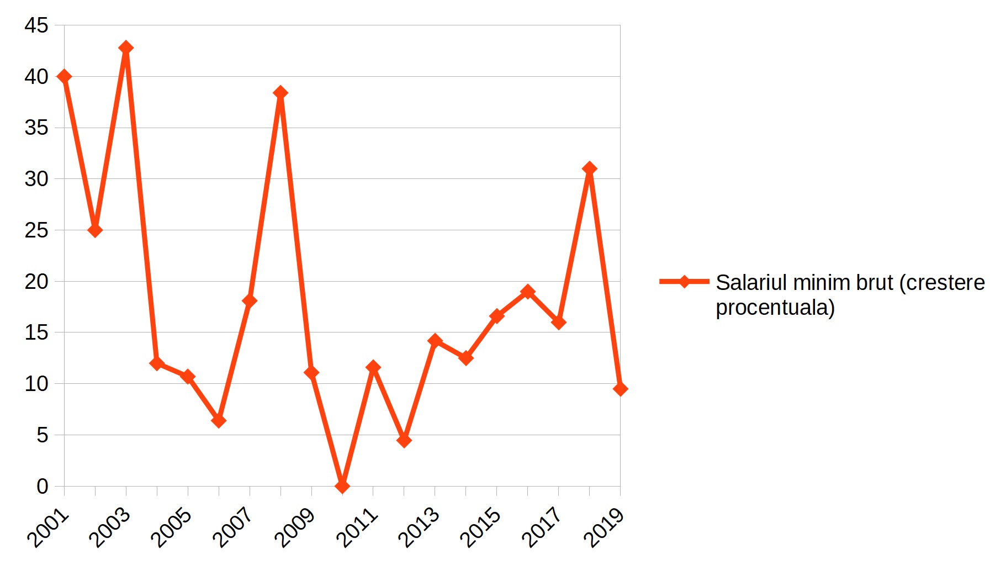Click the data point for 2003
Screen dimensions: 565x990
click(x=126, y=47)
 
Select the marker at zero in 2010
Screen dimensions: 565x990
click(x=342, y=486)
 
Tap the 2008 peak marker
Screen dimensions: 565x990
click(x=280, y=92)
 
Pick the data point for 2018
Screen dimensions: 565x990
click(x=589, y=168)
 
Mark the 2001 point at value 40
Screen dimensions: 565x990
click(x=64, y=76)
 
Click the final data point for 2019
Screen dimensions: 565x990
click(x=620, y=389)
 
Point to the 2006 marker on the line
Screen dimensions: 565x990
click(x=219, y=421)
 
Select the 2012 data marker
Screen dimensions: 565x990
click(x=404, y=440)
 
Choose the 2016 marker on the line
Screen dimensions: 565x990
click(x=527, y=291)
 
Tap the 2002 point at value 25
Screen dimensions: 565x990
click(x=95, y=230)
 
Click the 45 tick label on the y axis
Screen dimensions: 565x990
click(x=36, y=25)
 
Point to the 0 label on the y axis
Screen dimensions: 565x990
click(x=42, y=487)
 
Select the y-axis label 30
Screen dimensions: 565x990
click(x=36, y=179)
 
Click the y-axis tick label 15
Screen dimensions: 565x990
click(x=36, y=332)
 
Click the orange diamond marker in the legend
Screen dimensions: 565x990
click(x=684, y=282)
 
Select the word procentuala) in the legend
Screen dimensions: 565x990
click(x=775, y=308)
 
